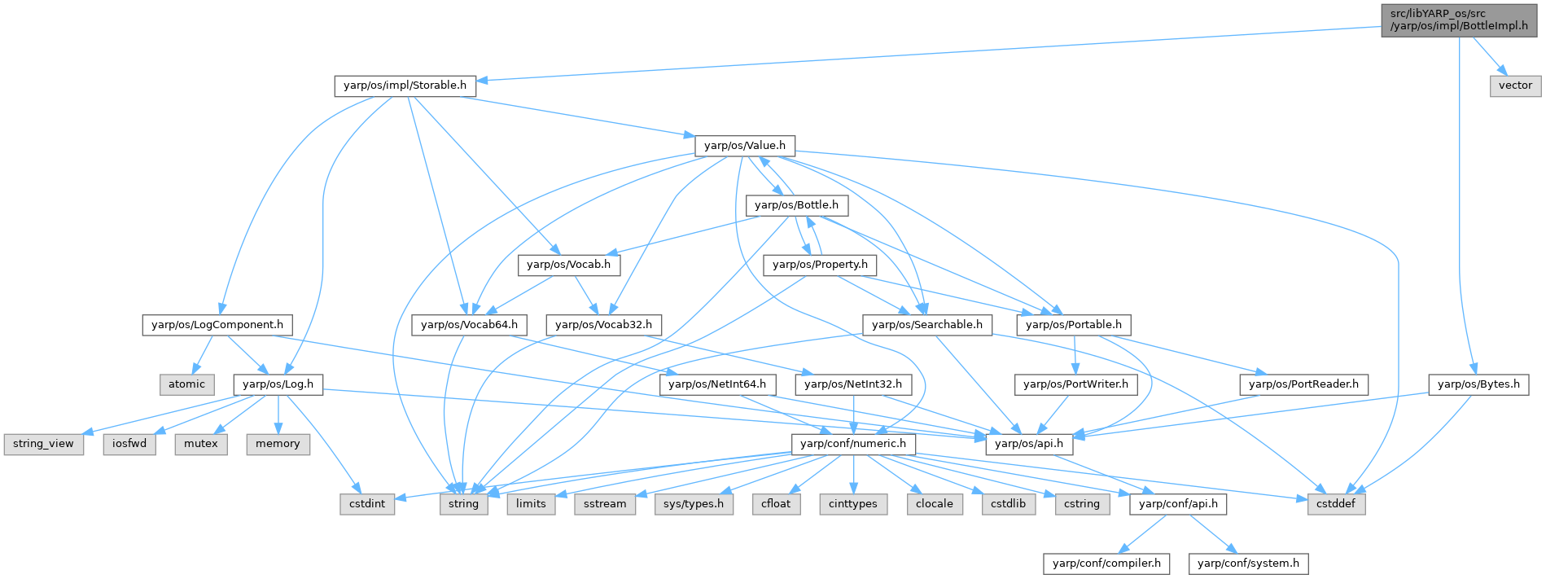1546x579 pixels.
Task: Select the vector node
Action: point(1515,86)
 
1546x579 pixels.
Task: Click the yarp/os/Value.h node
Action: point(744,146)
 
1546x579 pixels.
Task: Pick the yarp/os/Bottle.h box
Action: point(796,205)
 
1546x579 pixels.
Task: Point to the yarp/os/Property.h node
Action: point(820,265)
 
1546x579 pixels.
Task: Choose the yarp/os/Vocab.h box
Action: point(568,265)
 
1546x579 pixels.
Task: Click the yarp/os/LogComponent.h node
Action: point(217,325)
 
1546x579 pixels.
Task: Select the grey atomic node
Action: point(186,384)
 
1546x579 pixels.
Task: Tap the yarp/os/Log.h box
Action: point(278,384)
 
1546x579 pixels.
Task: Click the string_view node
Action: point(43,444)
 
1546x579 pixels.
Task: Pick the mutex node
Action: point(201,444)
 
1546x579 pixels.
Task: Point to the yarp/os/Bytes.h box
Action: point(1478,384)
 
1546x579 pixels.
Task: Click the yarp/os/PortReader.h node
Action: point(1303,384)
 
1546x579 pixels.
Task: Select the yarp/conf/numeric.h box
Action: point(853,444)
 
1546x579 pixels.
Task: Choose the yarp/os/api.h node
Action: point(1029,444)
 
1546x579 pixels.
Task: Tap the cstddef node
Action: point(1336,504)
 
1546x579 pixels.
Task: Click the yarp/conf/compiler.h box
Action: point(1106,564)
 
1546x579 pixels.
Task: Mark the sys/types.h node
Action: point(694,504)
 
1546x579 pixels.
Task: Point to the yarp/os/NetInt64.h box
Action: point(717,384)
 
